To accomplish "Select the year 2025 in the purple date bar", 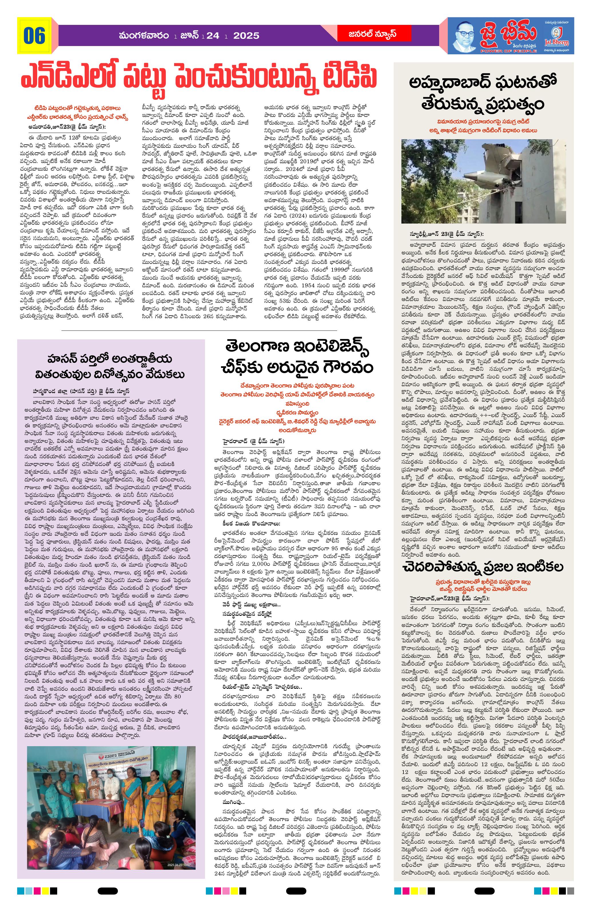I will tap(246, 36).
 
